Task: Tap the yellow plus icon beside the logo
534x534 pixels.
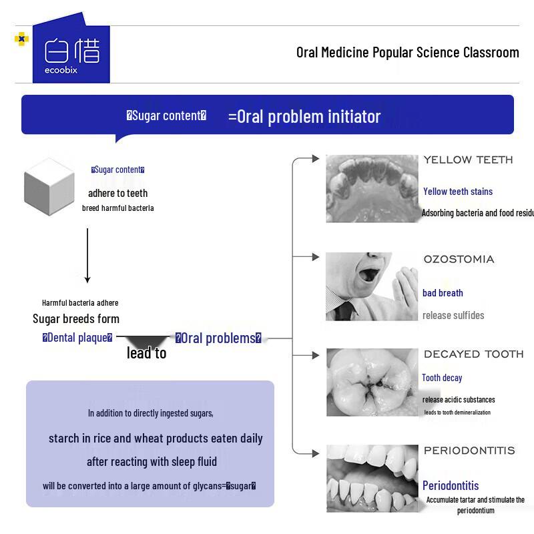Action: click(22, 39)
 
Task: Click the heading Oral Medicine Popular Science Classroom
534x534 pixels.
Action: click(407, 53)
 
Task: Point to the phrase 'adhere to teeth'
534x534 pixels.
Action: click(118, 194)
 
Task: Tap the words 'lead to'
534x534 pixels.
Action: click(146, 353)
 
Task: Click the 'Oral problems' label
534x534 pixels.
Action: click(218, 338)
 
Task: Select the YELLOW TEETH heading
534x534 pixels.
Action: click(468, 160)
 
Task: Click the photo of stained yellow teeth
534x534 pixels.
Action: click(372, 188)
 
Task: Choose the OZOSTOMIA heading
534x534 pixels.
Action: click(459, 260)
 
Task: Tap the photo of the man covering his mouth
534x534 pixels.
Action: click(372, 286)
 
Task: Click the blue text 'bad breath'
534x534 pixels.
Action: click(443, 293)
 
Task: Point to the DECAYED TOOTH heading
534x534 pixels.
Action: click(473, 354)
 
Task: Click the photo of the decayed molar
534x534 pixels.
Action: click(372, 382)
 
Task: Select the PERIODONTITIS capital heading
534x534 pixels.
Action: click(469, 451)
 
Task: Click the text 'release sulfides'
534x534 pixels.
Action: click(453, 315)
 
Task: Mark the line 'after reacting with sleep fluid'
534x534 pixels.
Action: click(152, 462)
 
